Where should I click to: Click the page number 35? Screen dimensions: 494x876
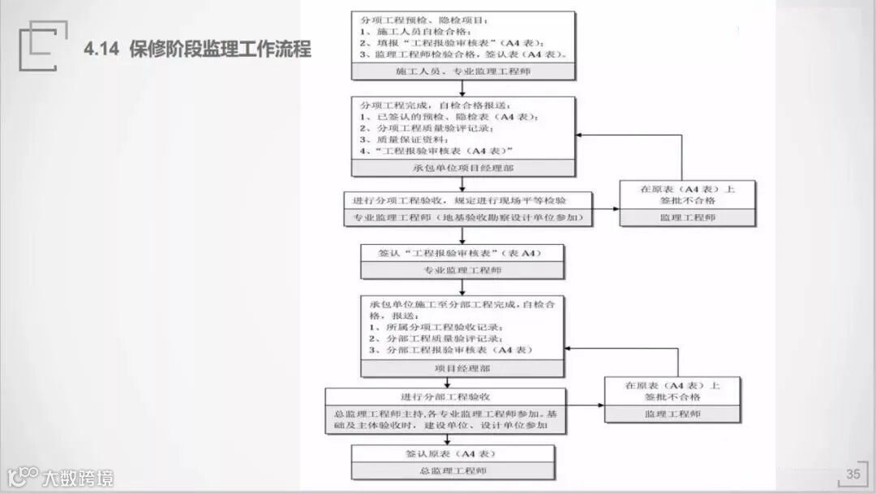click(x=852, y=475)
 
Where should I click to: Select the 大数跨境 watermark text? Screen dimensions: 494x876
click(x=78, y=478)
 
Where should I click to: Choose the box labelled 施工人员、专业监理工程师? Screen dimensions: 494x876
click(x=463, y=71)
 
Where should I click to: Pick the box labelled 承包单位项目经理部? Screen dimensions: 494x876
click(x=463, y=168)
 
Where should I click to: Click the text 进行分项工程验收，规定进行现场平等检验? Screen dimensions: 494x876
click(x=459, y=200)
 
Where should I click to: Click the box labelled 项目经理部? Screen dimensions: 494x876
click(x=462, y=368)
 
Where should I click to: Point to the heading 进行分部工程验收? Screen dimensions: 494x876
click(x=445, y=397)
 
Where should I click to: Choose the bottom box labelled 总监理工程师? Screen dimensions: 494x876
click(x=453, y=470)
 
